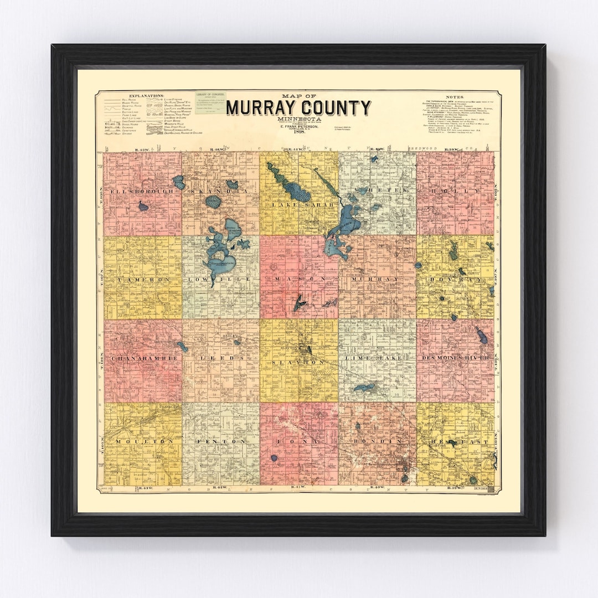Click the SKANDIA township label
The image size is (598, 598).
pyautogui.click(x=220, y=190)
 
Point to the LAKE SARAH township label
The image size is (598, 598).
pyautogui.click(x=298, y=205)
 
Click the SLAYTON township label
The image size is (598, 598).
pyautogui.click(x=298, y=362)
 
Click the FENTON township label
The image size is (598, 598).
pyautogui.click(x=220, y=441)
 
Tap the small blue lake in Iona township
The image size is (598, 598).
pyautogui.click(x=274, y=458)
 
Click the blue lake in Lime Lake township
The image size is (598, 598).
pyautogui.click(x=365, y=387)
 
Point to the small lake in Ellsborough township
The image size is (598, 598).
pyautogui.click(x=143, y=207)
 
